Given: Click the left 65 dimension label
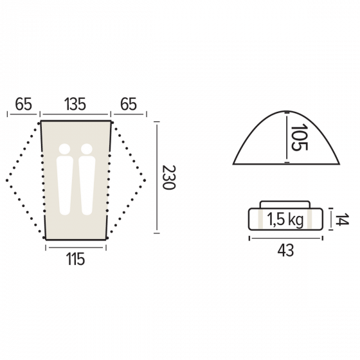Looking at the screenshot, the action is [23, 104].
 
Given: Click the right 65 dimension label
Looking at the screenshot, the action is [129, 104].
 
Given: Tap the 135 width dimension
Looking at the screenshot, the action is [75, 104].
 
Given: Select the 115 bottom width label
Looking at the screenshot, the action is [76, 259].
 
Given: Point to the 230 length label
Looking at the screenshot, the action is [168, 177].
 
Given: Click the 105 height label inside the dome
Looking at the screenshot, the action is [299, 137].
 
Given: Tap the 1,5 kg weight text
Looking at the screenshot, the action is [285, 220].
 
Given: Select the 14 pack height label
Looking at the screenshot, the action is [342, 219].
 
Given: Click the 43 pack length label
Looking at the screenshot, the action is [285, 251].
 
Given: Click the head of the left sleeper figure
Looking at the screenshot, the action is [64, 149].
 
